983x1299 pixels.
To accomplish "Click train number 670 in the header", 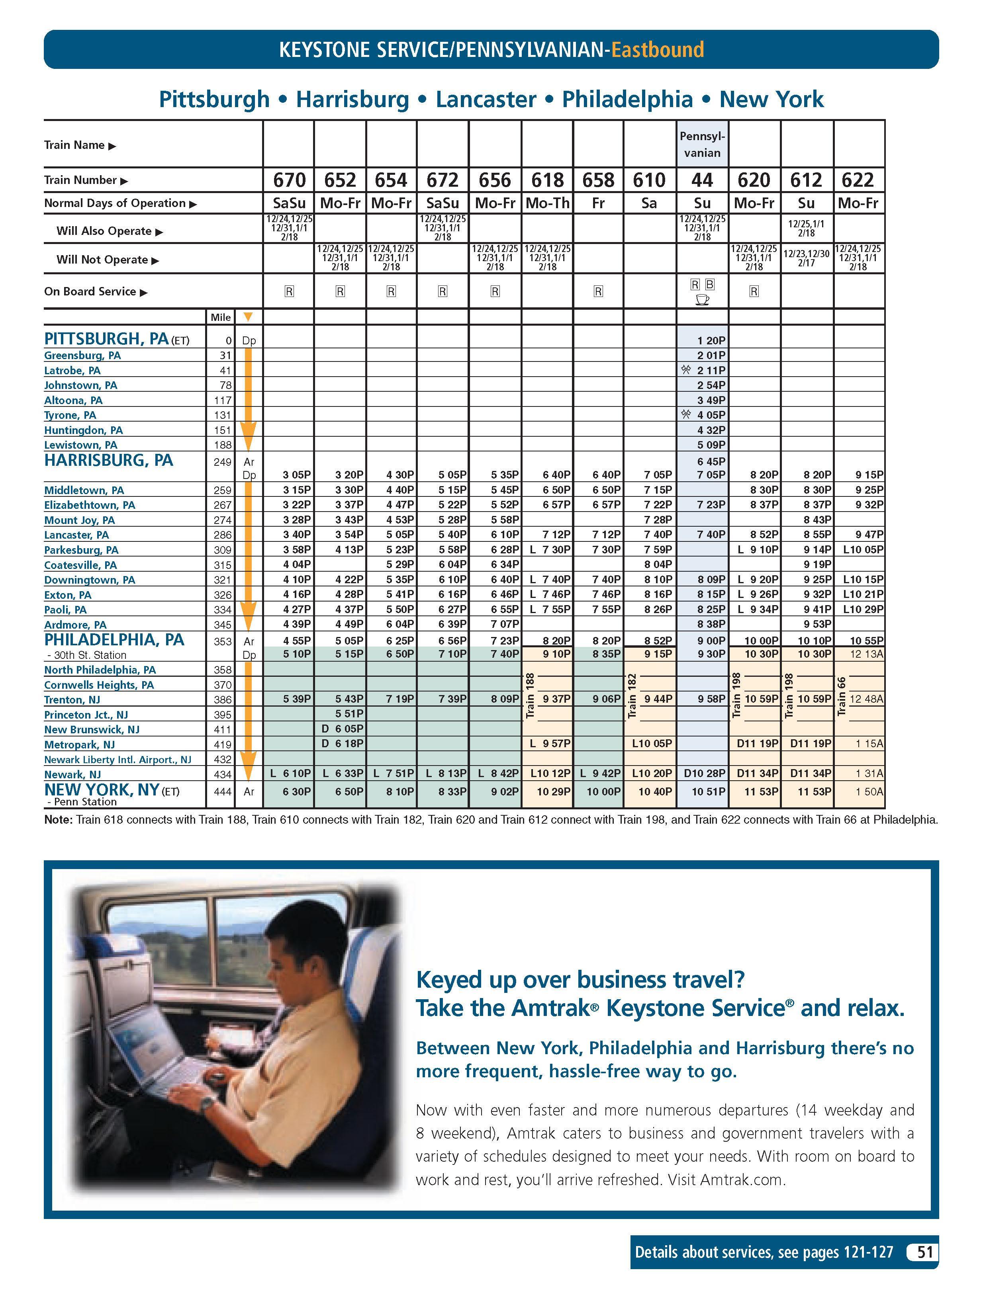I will pos(289,180).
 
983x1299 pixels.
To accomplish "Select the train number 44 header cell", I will pos(702,180).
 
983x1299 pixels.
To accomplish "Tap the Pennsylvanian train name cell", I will pos(702,145).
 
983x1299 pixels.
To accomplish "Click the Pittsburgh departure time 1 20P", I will pos(711,341).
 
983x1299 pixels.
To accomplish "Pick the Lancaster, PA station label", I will pos(76,535).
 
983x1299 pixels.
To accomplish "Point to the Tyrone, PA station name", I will pos(70,415).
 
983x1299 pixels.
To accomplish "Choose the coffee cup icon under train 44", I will pos(702,299).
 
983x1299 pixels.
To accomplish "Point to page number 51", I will pos(925,1252).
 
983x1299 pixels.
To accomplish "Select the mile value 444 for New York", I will pos(223,791).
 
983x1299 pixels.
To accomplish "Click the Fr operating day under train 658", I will pos(598,203).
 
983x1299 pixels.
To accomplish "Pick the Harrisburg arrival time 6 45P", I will pos(711,461).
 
